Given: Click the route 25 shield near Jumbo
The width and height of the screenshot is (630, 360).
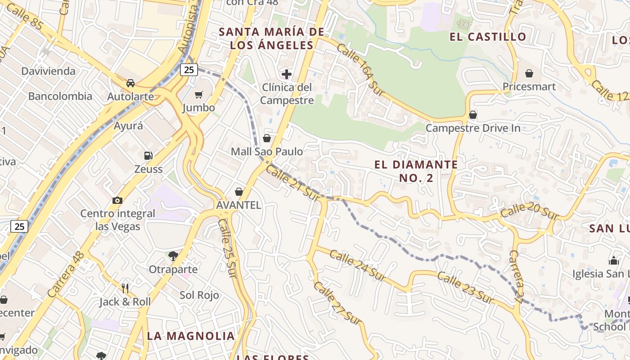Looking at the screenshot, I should coord(189,69).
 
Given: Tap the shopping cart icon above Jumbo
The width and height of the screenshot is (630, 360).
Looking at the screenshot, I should coord(198,94).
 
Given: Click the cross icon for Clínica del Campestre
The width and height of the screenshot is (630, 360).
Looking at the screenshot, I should coord(287,74).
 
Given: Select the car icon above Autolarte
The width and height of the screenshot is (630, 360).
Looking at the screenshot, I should coord(130,83).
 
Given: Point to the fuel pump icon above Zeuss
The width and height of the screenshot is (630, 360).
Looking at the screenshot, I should coord(148,156).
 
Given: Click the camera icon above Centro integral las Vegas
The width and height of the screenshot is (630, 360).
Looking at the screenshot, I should coord(117,200).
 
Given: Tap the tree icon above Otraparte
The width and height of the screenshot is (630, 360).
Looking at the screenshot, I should coord(173,256).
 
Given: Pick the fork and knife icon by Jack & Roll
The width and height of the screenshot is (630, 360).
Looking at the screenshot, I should coord(125,288).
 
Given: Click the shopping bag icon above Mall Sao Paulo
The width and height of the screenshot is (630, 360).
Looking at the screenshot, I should coord(267,138).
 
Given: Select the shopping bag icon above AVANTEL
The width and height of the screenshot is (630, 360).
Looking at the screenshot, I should coord(239,192).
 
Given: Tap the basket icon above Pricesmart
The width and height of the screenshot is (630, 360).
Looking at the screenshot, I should coord(529,73).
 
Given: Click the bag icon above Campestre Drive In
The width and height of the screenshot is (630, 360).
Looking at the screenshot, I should coord(473,115).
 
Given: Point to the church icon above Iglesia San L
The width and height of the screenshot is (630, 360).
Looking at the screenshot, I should coord(614,260).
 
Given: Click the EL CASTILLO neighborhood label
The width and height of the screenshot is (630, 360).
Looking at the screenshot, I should coord(488,37).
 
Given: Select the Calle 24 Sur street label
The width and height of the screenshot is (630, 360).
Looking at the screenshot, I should coord(357,265).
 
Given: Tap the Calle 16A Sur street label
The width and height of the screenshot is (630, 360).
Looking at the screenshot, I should coord(360,70).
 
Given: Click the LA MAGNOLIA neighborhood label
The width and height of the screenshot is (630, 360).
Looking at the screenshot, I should coord(191,336).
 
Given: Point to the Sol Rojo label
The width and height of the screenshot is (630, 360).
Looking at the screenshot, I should coord(199,295).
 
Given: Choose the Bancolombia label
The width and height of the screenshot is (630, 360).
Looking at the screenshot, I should coord(60,96).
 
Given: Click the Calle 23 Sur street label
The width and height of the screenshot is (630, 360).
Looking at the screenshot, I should coord(465,288).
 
